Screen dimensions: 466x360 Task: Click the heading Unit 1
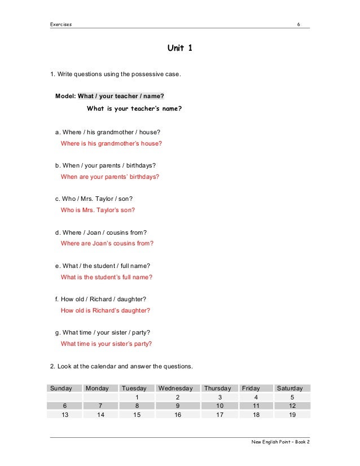[x=179, y=49]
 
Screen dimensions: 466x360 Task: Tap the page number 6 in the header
[x=306, y=24]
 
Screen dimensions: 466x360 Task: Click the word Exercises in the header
[x=62, y=24]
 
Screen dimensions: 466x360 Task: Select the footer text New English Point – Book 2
[x=280, y=442]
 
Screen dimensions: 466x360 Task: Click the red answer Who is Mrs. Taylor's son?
[x=98, y=210]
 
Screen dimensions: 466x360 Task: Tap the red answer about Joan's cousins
[x=107, y=243]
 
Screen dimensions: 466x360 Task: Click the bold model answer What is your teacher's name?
[x=134, y=108]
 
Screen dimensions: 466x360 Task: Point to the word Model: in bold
[x=65, y=96]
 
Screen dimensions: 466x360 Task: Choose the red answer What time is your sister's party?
[x=106, y=344]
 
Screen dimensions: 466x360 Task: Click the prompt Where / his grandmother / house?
[x=107, y=132]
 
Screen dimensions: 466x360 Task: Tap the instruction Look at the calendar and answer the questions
[x=121, y=367]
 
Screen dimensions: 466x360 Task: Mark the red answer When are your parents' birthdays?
[x=109, y=177]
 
